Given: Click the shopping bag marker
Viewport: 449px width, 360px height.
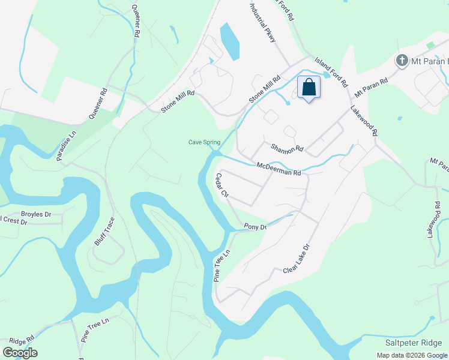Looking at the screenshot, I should (309, 88).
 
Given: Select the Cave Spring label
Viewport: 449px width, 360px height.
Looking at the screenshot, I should (204, 142).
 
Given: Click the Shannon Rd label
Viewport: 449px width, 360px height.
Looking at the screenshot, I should (287, 148).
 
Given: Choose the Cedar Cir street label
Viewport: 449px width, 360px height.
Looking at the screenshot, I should (222, 185).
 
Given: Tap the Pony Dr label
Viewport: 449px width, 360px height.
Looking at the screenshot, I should (255, 226).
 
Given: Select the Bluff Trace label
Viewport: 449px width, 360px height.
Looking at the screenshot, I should (104, 231).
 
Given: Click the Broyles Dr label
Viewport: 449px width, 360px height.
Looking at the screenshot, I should (37, 214).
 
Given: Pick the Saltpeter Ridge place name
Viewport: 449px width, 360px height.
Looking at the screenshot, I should (415, 342).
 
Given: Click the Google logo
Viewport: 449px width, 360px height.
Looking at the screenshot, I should (20, 353).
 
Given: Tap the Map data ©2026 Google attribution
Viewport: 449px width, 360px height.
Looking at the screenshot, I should (412, 355).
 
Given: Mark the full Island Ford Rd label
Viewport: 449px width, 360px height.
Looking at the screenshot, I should (332, 70).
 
